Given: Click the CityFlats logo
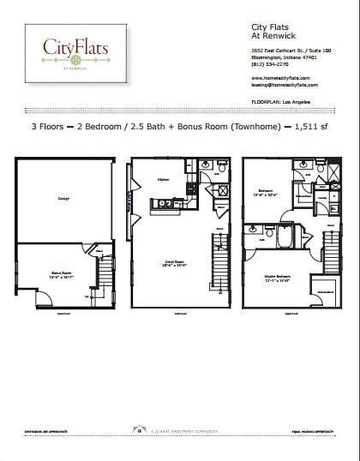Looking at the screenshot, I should coord(75,53).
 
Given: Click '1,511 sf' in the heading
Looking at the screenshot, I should coord(315,127).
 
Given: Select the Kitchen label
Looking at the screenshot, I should coord(162,179).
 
